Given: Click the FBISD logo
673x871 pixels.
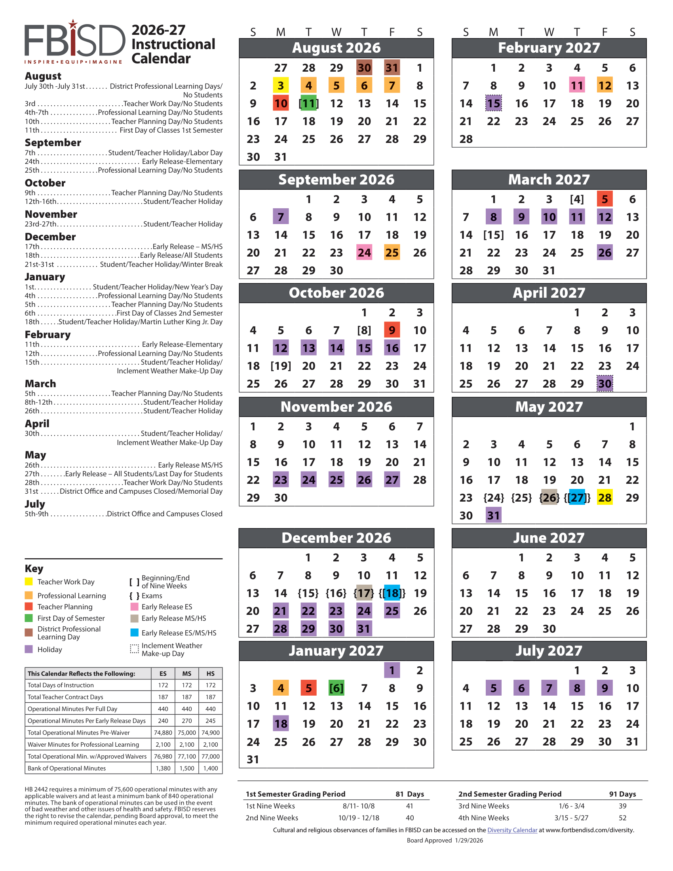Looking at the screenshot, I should click(x=75, y=42).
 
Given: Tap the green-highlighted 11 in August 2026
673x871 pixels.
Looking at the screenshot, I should click(x=309, y=103).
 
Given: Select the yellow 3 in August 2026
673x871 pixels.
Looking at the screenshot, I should click(x=281, y=86).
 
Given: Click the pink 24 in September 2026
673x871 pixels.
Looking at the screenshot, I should click(x=364, y=253).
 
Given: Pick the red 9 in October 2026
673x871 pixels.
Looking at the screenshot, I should click(x=392, y=330).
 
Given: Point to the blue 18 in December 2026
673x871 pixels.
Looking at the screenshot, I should click(x=392, y=593).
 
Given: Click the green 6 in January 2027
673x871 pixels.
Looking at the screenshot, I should click(x=336, y=688).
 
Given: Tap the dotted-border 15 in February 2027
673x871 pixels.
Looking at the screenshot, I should click(x=494, y=103).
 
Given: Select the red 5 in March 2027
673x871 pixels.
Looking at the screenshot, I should click(x=605, y=199).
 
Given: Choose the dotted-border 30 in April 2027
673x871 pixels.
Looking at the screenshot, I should click(x=605, y=384).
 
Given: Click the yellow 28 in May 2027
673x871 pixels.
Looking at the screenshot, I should click(x=605, y=498).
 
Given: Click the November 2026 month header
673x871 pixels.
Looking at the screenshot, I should click(x=336, y=407).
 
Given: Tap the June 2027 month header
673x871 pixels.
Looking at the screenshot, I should click(x=549, y=538).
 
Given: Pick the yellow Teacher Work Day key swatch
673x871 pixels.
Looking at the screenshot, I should click(x=29, y=582).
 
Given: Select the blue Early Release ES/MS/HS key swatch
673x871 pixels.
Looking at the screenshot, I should click(x=134, y=633).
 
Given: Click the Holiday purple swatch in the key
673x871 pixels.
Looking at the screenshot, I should click(x=29, y=649).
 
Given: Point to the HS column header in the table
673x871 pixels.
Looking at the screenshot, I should click(x=211, y=673).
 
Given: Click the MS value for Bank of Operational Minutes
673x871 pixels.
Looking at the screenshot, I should click(x=186, y=768).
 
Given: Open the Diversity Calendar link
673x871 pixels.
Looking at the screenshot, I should click(x=512, y=830).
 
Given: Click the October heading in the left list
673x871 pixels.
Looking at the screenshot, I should click(x=45, y=183).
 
